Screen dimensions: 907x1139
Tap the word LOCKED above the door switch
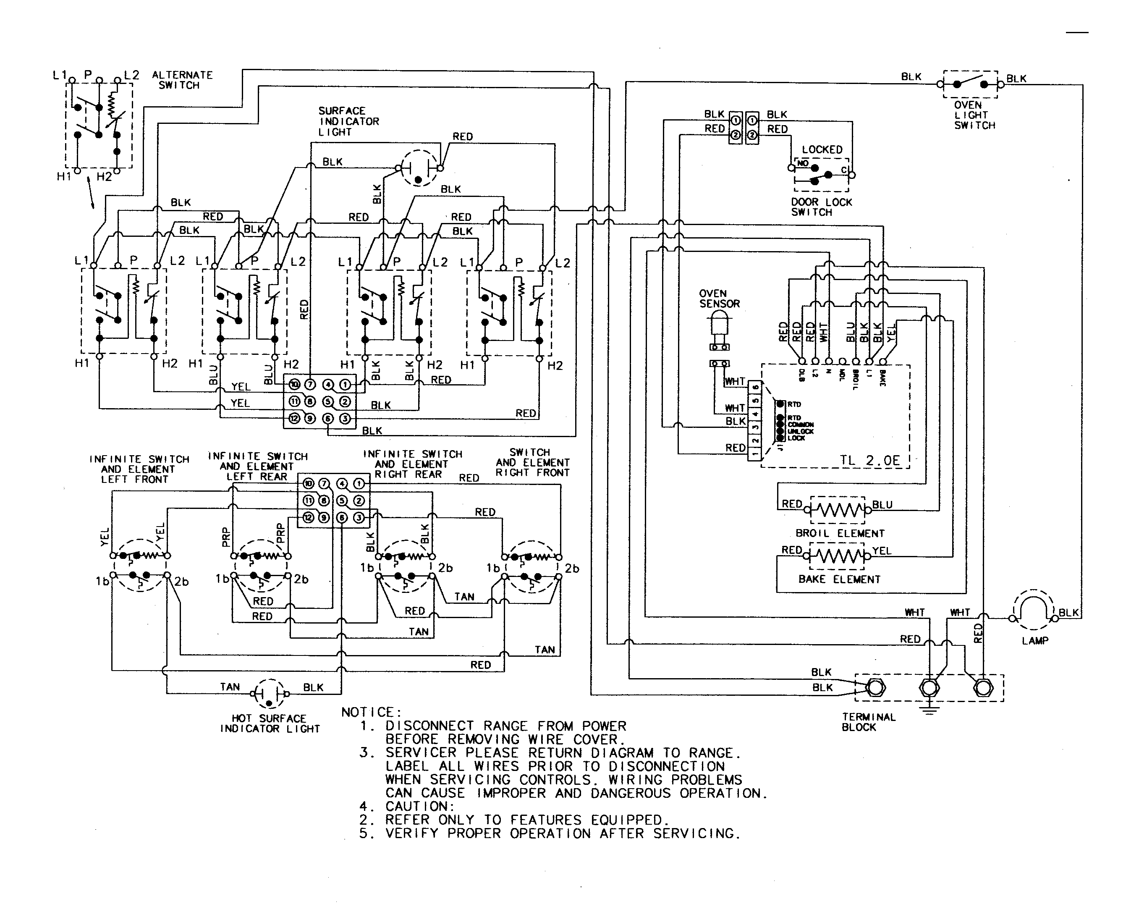(x=822, y=149)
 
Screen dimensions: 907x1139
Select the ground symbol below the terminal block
(x=929, y=710)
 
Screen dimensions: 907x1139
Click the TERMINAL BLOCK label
(x=869, y=722)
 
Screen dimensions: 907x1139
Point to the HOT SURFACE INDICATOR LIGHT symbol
(x=270, y=694)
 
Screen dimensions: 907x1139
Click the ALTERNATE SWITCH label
(x=182, y=80)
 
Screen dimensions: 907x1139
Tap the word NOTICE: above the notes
(x=372, y=712)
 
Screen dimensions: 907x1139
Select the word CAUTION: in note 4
(x=420, y=806)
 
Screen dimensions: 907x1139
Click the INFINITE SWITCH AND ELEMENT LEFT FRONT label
(x=139, y=469)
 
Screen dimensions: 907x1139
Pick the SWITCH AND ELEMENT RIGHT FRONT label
(x=532, y=463)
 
